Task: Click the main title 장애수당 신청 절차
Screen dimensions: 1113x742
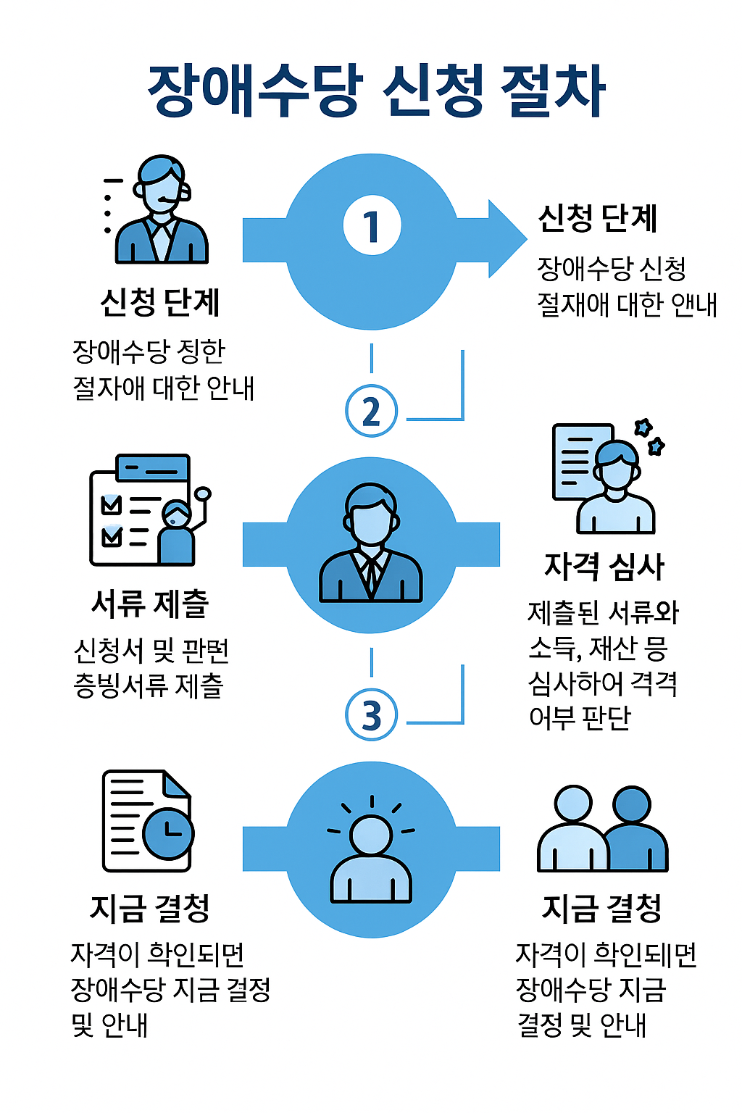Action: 376,92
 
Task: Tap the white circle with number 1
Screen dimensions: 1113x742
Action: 372,226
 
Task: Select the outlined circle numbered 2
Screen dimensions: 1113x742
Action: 372,411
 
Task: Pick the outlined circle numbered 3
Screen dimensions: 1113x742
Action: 372,714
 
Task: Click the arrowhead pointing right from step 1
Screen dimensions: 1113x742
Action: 507,238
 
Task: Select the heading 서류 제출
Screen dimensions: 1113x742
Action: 151,604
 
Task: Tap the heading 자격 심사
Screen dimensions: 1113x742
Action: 604,567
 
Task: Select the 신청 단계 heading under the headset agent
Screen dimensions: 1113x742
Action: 160,303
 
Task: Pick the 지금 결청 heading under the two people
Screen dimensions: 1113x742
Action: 602,908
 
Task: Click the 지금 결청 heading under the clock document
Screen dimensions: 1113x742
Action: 150,908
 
